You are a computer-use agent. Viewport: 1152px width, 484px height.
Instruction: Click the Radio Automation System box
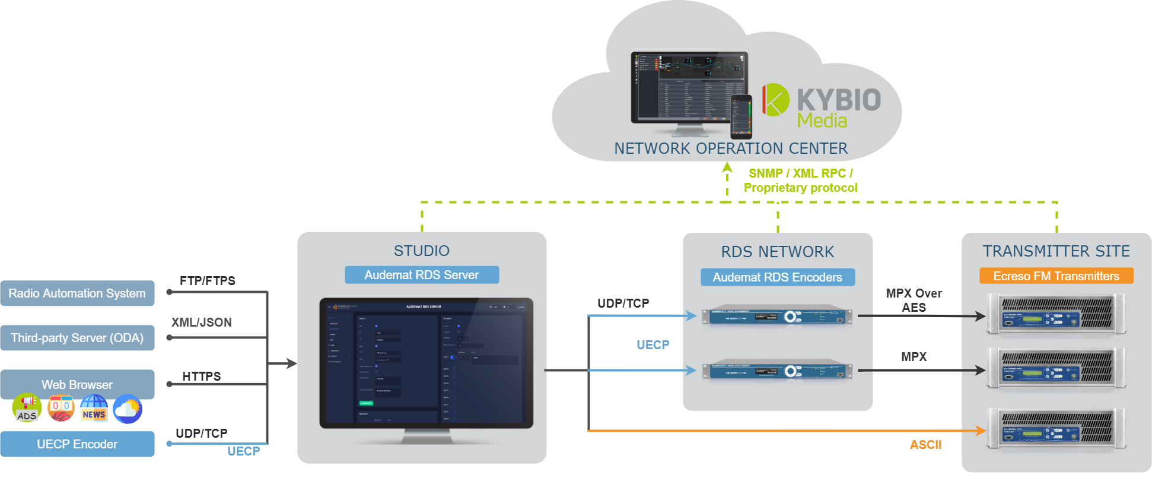coord(77,293)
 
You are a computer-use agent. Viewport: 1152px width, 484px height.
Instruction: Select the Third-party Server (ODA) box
coord(77,338)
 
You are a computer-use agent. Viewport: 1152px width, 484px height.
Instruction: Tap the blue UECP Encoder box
coord(77,444)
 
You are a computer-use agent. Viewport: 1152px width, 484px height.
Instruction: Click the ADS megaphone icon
coord(27,408)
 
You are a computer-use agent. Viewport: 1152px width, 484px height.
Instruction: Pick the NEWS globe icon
coord(94,409)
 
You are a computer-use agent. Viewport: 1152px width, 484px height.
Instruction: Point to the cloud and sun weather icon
coord(128,409)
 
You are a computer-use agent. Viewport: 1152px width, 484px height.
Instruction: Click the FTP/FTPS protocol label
coord(208,281)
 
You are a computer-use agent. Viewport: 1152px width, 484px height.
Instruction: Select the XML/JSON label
coord(202,322)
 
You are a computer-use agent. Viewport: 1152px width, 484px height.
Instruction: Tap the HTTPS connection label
coord(202,377)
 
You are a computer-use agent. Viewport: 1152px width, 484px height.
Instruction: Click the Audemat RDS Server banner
coord(422,275)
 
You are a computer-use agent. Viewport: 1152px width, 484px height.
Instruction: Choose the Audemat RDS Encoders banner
coord(778,277)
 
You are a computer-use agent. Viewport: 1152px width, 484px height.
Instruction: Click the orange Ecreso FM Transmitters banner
coord(1056,276)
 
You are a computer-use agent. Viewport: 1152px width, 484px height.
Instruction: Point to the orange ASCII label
coord(926,445)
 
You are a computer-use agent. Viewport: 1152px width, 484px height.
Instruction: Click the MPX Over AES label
coord(914,300)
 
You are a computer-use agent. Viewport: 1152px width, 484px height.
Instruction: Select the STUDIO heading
coord(422,251)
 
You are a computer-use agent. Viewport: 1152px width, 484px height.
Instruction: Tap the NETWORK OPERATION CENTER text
coord(731,148)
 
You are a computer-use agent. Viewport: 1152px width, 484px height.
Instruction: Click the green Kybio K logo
coord(775,100)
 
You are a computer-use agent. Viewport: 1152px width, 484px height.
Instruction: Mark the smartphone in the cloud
coord(741,116)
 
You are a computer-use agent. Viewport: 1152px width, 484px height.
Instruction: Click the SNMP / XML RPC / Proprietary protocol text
coord(801,181)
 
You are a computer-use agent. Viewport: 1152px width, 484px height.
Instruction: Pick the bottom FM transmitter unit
coord(1056,429)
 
